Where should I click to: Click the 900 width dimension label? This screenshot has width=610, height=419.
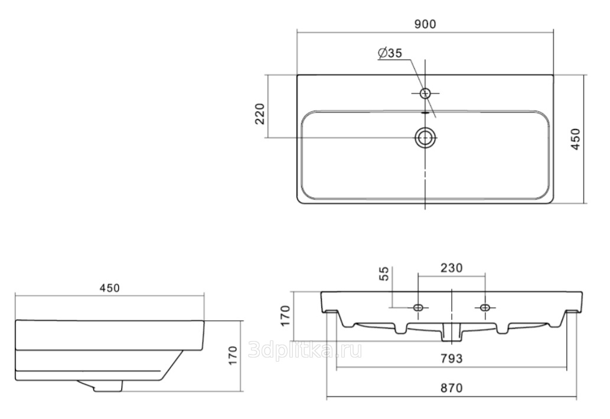coord(425,24)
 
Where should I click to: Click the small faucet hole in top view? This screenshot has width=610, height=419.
coord(425,93)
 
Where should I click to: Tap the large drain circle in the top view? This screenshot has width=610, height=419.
coord(425,138)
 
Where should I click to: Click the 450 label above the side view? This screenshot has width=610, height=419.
coord(110,288)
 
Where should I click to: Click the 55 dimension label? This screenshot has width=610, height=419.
coord(384,274)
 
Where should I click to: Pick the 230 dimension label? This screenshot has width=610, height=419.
coord(451,268)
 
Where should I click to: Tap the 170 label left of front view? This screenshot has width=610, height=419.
coord(285,316)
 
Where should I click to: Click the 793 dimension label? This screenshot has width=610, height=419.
coord(451,358)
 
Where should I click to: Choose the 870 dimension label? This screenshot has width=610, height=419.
coord(451,388)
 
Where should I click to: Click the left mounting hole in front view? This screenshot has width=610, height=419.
coord(418,308)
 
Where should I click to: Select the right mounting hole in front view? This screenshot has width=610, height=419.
coord(485,308)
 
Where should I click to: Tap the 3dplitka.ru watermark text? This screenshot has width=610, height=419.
coord(305,350)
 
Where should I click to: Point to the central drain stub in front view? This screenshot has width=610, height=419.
coord(451,333)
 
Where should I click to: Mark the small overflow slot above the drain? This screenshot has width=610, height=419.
coord(425,113)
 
